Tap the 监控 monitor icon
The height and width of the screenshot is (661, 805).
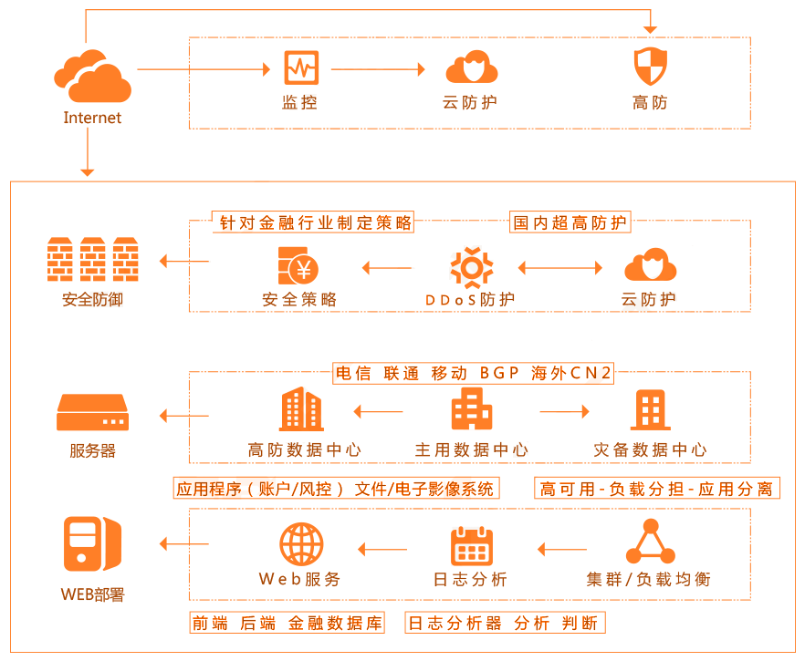tap(300, 69)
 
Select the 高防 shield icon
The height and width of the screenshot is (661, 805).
tap(650, 67)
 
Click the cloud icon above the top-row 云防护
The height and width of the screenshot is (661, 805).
tap(471, 67)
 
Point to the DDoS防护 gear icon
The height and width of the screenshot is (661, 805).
tap(471, 268)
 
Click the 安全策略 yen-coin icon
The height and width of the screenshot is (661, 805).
tap(299, 268)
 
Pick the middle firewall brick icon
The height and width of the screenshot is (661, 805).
tap(93, 260)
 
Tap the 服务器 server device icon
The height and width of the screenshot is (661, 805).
tap(92, 413)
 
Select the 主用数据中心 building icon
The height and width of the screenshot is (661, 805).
tap(471, 409)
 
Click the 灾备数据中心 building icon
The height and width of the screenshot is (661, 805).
tap(650, 410)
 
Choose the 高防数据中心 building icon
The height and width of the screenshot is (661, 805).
tap(300, 409)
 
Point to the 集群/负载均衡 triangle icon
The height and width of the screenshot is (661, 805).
tap(650, 542)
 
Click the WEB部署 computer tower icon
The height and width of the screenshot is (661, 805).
tap(92, 544)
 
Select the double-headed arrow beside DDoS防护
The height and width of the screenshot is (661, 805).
tap(561, 268)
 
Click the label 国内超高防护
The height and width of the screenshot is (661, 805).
tap(570, 222)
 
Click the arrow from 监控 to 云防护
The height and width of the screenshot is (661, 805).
tap(378, 69)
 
